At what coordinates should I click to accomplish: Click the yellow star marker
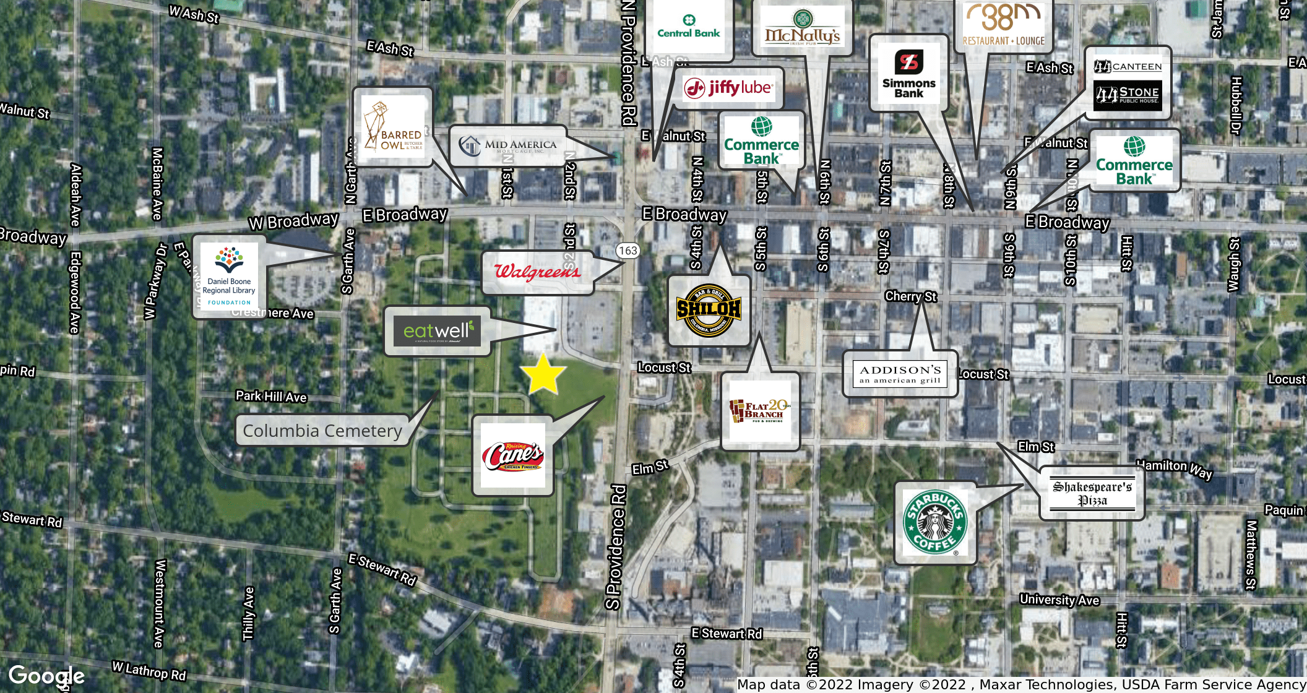tap(543, 374)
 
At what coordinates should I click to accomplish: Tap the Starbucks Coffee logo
tap(935, 523)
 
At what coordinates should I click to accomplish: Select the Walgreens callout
tap(537, 272)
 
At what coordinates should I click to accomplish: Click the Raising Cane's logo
tap(512, 456)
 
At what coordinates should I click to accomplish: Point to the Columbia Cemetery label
tap(322, 431)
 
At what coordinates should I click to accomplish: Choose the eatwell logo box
tap(438, 331)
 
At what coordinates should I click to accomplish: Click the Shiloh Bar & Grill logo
tap(709, 310)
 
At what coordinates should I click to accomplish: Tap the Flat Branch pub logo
tap(760, 411)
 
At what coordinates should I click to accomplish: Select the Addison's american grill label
tap(900, 374)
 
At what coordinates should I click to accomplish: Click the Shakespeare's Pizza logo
tap(1092, 493)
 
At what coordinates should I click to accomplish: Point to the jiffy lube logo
tap(728, 88)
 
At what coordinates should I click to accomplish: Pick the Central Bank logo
tap(689, 27)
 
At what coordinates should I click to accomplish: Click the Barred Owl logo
tap(393, 127)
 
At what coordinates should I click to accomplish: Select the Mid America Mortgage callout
tap(508, 146)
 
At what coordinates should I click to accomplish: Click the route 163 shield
tap(628, 251)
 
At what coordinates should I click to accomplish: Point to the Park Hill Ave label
tap(271, 396)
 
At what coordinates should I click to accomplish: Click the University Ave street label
tap(1059, 600)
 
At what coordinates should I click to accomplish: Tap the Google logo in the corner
tap(46, 676)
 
